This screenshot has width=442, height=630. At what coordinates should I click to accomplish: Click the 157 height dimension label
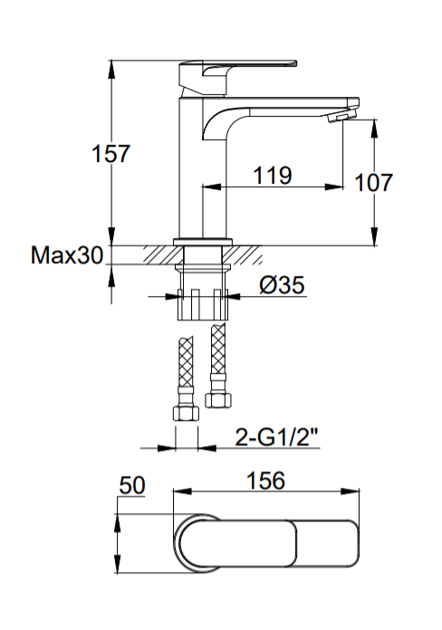[x=112, y=154]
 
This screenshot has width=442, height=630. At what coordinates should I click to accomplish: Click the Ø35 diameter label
[x=281, y=286]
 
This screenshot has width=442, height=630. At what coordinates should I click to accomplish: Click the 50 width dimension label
[x=132, y=488]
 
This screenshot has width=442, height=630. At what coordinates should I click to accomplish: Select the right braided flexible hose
[x=216, y=356]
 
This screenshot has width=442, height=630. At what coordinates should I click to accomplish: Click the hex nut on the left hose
[x=185, y=415]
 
